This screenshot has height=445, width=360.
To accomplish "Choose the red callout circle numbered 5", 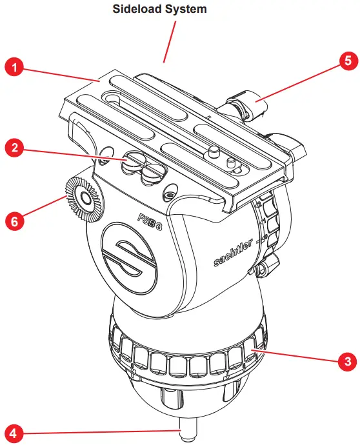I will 346,62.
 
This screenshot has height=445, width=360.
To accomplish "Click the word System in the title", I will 188,10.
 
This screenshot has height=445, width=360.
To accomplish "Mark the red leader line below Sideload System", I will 170,42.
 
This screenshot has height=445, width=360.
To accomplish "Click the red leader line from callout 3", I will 297,355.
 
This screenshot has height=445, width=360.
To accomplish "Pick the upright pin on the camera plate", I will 210,154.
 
